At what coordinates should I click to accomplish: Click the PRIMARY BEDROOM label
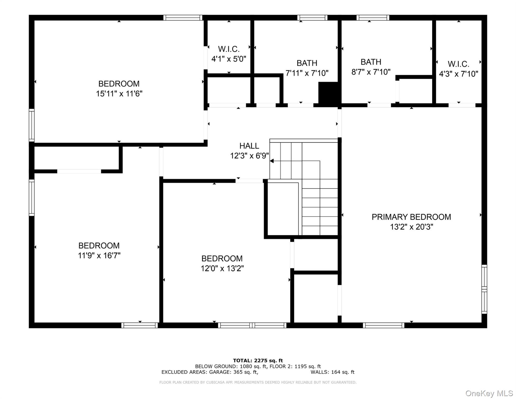[x=411, y=217]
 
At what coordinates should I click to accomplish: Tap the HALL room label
[x=249, y=146]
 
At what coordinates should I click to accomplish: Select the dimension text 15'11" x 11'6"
[x=119, y=94]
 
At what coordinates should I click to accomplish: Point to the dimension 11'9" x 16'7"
[x=99, y=255]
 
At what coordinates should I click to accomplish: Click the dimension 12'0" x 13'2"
[x=222, y=268]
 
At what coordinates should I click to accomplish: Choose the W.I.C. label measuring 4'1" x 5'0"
[x=229, y=49]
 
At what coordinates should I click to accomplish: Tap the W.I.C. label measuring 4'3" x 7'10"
[x=458, y=64]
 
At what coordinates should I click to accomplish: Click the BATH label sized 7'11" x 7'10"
[x=307, y=63]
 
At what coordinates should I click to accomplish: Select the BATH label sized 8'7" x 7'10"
[x=371, y=62]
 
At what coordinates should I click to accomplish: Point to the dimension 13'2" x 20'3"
[x=411, y=227]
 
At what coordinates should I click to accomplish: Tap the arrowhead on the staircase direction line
[x=272, y=161]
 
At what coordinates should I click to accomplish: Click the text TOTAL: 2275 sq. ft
[x=258, y=360]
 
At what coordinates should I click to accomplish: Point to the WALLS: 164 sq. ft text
[x=332, y=372]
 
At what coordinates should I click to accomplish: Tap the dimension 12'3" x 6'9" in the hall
[x=249, y=156]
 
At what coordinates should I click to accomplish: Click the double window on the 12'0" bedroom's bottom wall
[x=252, y=325]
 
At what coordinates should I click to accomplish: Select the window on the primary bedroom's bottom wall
[x=384, y=325]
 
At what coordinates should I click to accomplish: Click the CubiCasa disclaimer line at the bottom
[x=258, y=382]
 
